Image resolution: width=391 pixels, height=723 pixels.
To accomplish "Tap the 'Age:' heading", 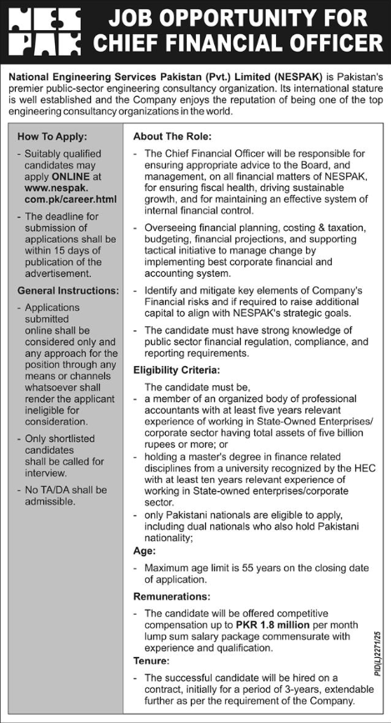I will pos(144,550).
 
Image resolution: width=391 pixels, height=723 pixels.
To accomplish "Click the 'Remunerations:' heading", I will pos(173,598).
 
